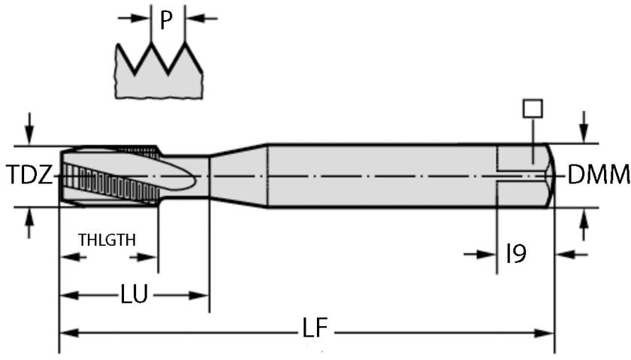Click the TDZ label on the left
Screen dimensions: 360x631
coord(30,176)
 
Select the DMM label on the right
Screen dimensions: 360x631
coord(599,175)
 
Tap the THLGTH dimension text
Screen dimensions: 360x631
coord(107,240)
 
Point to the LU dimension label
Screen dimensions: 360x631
coord(134,295)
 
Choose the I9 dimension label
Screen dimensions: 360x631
coord(516,254)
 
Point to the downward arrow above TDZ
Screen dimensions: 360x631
coord(29,128)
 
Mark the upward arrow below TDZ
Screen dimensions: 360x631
coord(29,222)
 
